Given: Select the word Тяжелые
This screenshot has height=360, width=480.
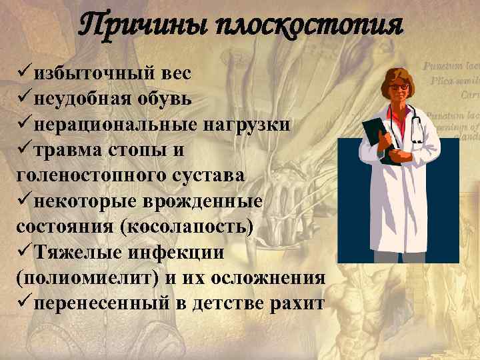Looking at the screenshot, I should point(73,251).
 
